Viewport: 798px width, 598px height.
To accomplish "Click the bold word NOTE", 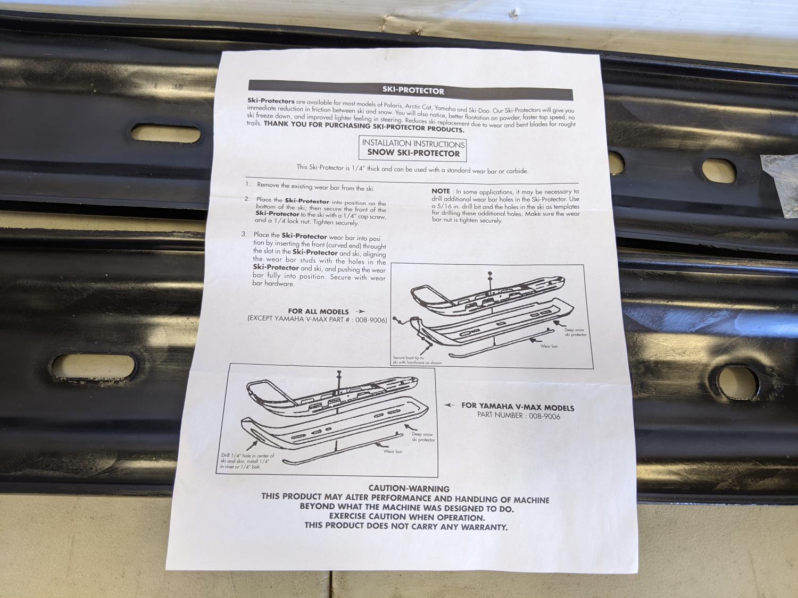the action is pos(440,191).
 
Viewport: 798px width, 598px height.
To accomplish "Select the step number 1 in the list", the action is pos(247,184).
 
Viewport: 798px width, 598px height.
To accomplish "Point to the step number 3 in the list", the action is pos(244,234).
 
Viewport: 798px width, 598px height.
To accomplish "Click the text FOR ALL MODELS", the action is pos(318,311).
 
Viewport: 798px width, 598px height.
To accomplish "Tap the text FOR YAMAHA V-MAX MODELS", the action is pos(518,407).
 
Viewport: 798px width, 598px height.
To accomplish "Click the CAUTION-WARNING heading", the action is pos(409,488).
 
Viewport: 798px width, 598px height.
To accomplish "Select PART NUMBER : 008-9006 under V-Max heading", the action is pos(519,416).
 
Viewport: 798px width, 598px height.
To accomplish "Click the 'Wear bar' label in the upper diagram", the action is pos(549,346).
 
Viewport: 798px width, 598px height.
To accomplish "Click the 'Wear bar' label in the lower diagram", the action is pos(393,451).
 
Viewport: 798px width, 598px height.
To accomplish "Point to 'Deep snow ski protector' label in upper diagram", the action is pos(576,332).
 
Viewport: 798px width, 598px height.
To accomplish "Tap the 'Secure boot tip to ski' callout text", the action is pos(417,360).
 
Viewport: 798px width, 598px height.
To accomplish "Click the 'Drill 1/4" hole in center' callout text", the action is pos(247,461).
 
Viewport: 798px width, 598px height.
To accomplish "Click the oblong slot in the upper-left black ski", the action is pos(166,133).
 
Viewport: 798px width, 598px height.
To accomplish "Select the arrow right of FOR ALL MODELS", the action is pos(360,311).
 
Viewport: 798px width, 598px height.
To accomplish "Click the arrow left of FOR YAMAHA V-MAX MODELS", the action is pos(450,405).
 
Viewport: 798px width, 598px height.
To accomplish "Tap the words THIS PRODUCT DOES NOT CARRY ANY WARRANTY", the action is pos(406,526).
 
